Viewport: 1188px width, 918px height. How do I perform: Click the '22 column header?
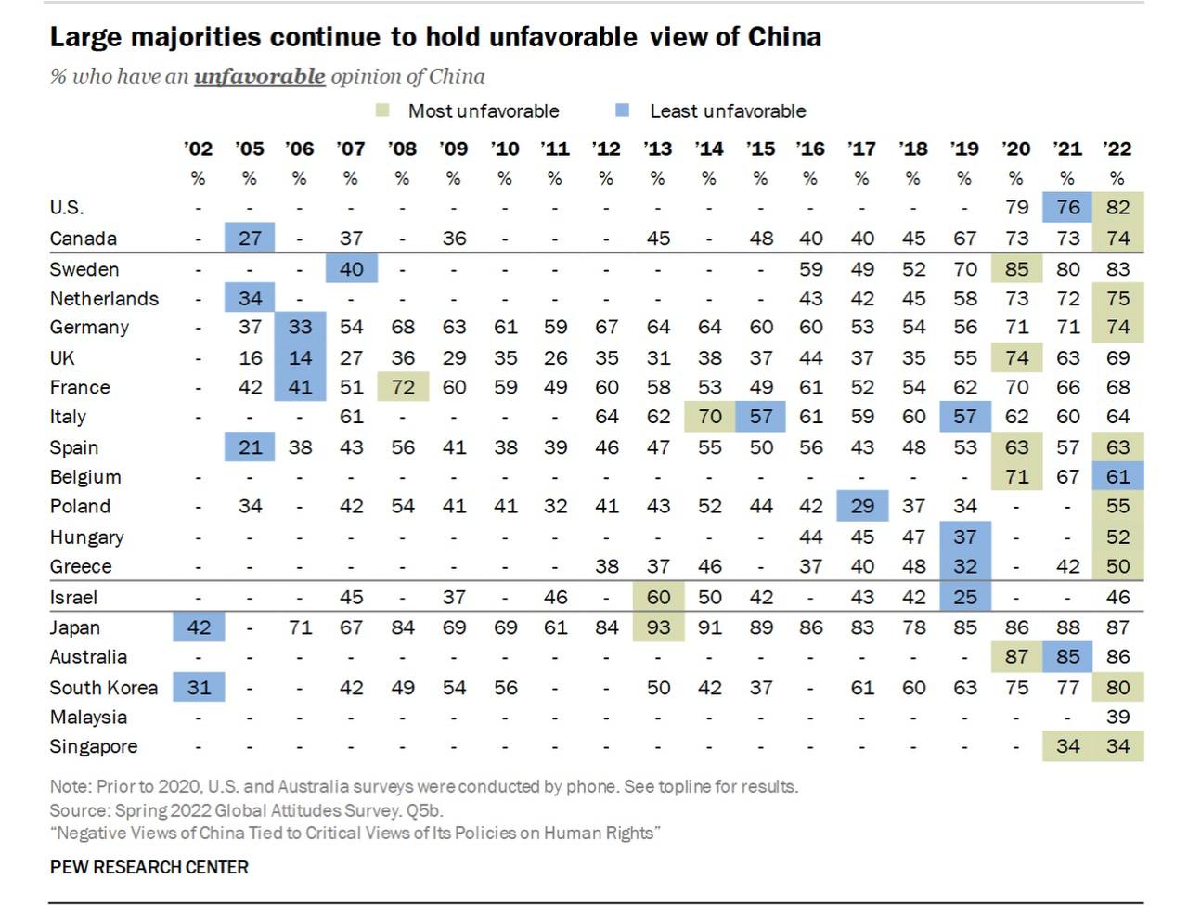(x=1117, y=149)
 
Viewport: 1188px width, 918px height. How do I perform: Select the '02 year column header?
(x=198, y=149)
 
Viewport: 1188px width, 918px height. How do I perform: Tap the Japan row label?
(x=75, y=627)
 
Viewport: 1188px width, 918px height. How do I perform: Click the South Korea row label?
(x=104, y=687)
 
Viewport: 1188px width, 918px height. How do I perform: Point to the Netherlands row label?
(x=105, y=299)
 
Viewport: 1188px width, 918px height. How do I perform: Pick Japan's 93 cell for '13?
(x=658, y=627)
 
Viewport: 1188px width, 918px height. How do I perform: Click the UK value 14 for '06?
(x=300, y=357)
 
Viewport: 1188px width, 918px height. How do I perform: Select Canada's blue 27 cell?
(x=250, y=238)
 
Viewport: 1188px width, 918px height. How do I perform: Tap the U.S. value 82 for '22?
(x=1117, y=207)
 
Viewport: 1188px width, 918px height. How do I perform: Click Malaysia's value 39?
(x=1117, y=717)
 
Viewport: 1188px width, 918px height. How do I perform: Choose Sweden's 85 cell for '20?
(x=1017, y=268)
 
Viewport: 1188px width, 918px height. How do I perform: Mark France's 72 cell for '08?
(x=403, y=387)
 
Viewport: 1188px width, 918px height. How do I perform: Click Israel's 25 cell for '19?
(x=965, y=597)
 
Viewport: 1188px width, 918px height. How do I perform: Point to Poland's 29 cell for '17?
(x=862, y=506)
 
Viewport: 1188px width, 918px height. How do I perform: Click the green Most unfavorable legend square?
(x=382, y=110)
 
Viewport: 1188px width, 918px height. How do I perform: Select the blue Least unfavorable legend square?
(x=622, y=110)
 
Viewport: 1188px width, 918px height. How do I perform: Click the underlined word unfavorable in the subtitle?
(x=260, y=76)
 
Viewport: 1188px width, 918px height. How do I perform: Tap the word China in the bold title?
(x=784, y=37)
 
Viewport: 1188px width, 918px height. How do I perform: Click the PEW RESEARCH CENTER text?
(x=149, y=867)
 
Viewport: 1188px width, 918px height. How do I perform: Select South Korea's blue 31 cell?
(x=199, y=687)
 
